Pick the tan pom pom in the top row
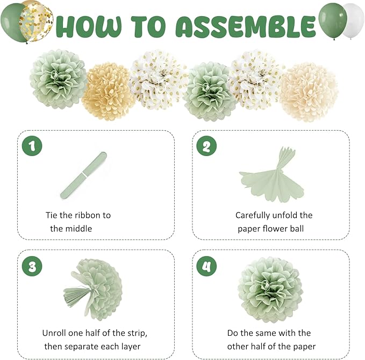pyautogui.click(x=109, y=91)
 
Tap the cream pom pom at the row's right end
pyautogui.click(x=308, y=91)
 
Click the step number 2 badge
pyautogui.click(x=207, y=145)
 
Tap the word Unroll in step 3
pyautogui.click(x=55, y=333)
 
